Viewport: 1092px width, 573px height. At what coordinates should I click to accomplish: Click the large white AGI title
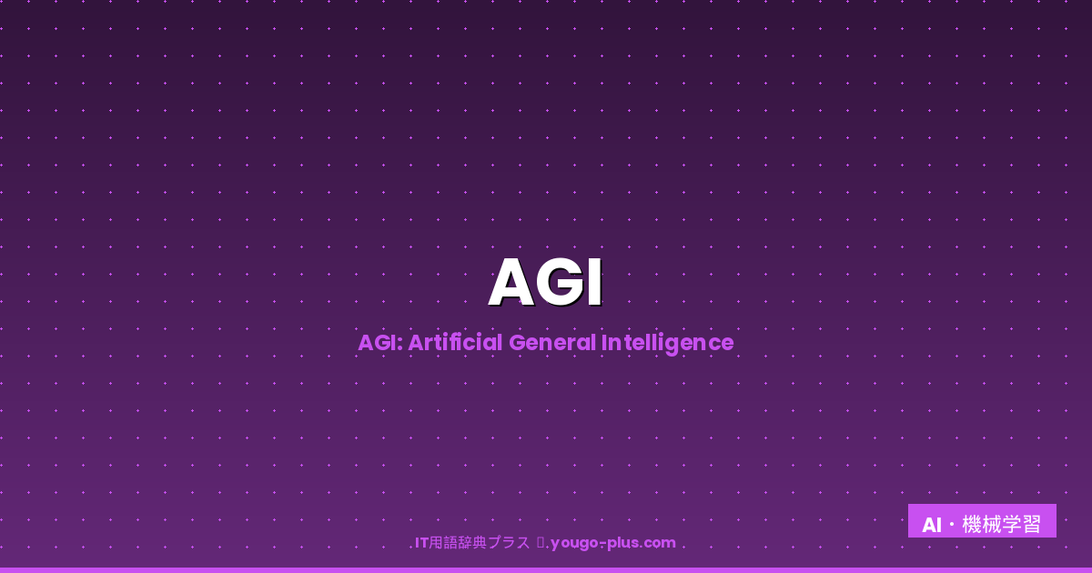tap(545, 283)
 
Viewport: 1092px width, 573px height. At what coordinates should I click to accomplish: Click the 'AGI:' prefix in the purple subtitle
tap(379, 343)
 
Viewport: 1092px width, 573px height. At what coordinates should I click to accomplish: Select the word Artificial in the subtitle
tap(455, 343)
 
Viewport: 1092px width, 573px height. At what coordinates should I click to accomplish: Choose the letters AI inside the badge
tap(931, 525)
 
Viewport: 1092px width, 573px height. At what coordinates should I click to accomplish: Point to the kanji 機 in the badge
tap(972, 525)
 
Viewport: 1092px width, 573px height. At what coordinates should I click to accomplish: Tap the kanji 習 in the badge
tap(1031, 525)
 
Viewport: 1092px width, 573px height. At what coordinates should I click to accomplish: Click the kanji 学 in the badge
tap(1012, 525)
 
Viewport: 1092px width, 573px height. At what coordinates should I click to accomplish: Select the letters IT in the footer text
tap(421, 543)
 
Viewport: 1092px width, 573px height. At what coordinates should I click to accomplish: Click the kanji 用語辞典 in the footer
tap(458, 543)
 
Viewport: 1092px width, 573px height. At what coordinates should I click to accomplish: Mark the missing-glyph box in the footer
tap(541, 543)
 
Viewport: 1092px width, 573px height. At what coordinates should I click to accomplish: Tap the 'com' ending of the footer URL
tap(660, 543)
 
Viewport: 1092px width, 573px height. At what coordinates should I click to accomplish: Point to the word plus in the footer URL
tap(621, 544)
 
